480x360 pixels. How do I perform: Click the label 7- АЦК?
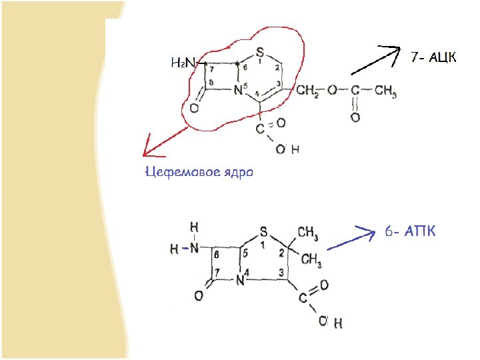click(434, 57)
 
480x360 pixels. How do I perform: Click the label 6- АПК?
click(410, 232)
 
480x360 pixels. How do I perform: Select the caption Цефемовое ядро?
click(199, 172)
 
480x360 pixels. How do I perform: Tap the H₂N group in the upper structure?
click(181, 63)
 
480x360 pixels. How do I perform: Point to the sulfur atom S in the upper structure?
click(259, 51)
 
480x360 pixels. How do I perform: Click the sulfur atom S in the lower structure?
click(263, 232)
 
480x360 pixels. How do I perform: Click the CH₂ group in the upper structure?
click(308, 91)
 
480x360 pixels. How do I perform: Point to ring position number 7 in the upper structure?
click(211, 69)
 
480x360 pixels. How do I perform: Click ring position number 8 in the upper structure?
click(211, 83)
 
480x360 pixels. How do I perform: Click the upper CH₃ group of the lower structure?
click(307, 233)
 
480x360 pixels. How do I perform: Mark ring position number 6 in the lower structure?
click(217, 255)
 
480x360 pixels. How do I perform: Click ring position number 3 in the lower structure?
click(282, 273)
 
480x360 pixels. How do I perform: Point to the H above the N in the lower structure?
click(194, 227)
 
